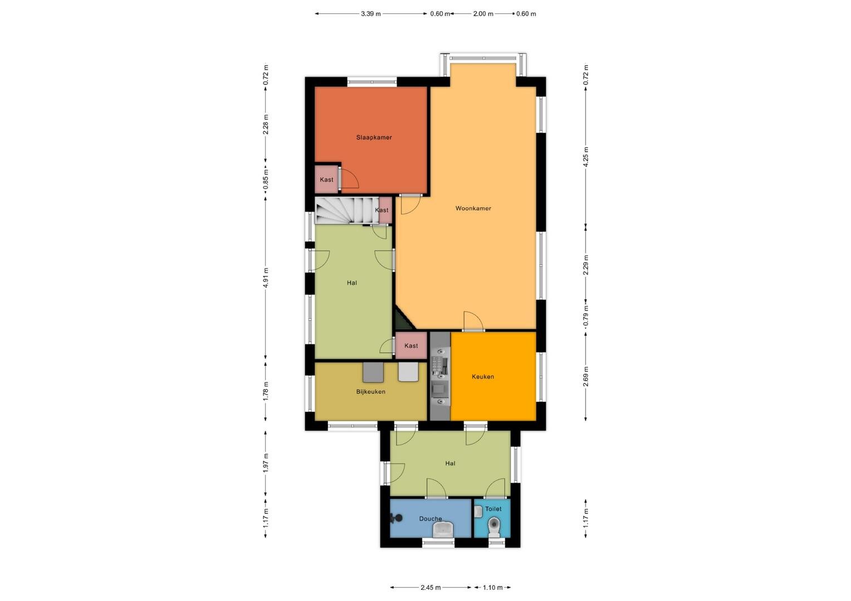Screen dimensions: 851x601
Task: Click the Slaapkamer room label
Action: coord(374,137)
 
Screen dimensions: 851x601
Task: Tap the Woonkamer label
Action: coord(473,208)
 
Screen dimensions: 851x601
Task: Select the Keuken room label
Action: coord(483,377)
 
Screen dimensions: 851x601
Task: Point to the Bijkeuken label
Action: coord(371,391)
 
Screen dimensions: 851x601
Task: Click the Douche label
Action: coord(431,519)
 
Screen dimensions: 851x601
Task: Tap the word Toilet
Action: coord(493,509)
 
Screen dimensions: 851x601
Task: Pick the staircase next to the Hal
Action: coord(347,210)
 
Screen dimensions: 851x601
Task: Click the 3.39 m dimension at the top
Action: coord(371,14)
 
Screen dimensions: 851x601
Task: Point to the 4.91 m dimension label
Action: coord(266,278)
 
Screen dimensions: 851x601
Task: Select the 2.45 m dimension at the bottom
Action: coord(431,588)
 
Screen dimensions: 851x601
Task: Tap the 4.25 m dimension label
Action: coord(586,157)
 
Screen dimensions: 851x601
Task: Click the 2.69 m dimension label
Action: coord(586,377)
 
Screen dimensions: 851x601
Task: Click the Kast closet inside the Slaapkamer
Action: coord(327,179)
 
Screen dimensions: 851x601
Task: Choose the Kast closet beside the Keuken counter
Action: coord(411,346)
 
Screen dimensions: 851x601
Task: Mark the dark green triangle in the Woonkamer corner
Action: coord(402,321)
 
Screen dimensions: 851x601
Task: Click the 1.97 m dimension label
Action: coord(266,463)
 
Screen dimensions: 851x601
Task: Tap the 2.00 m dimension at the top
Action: coord(483,14)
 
